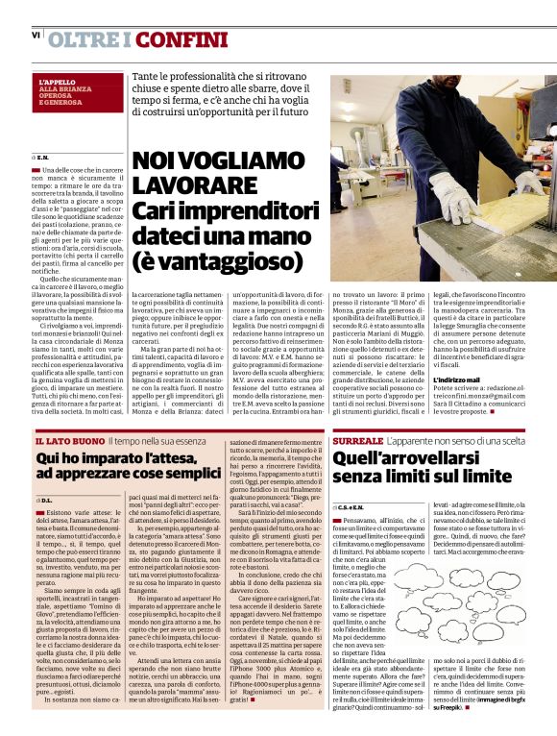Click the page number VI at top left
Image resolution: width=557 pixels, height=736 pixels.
tap(36, 36)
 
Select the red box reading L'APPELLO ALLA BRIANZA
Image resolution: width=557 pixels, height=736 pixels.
tap(70, 92)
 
